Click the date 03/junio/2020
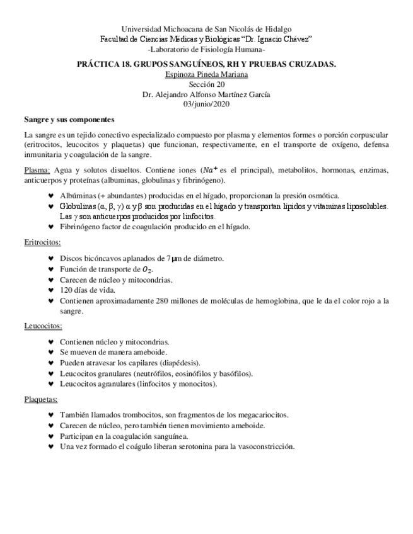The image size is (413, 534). tap(206, 104)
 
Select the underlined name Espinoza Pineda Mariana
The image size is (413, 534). tap(206, 74)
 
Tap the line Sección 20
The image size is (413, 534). tap(206, 84)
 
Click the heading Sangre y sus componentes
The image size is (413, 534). tap(69, 119)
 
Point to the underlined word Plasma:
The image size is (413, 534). tap(37, 170)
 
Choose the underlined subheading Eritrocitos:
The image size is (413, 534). tap(42, 241)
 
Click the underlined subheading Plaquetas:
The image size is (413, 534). tap(41, 399)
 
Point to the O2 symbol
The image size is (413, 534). tap(148, 270)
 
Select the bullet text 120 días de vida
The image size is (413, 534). tap(88, 290)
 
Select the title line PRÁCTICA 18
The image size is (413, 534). tap(206, 64)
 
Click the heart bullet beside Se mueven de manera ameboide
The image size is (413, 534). tap(51, 353)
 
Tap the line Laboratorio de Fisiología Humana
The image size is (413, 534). tap(206, 49)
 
